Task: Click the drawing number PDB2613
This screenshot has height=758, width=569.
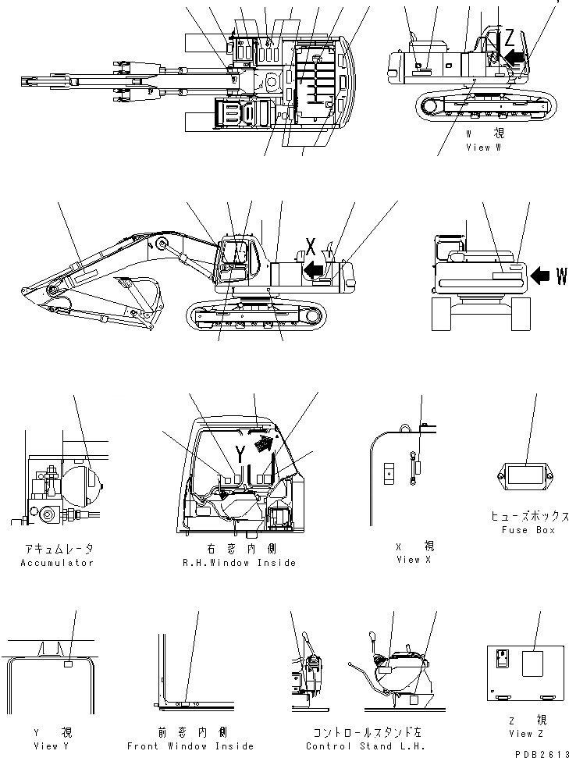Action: coord(540,753)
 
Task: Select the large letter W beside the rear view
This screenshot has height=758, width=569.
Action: coord(561,276)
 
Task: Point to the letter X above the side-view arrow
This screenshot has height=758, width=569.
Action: coord(310,248)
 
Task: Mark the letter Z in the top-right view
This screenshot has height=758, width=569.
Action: coord(510,36)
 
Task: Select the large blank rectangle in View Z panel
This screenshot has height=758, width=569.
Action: coord(534,665)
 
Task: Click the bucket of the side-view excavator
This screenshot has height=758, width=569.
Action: coord(144,293)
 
